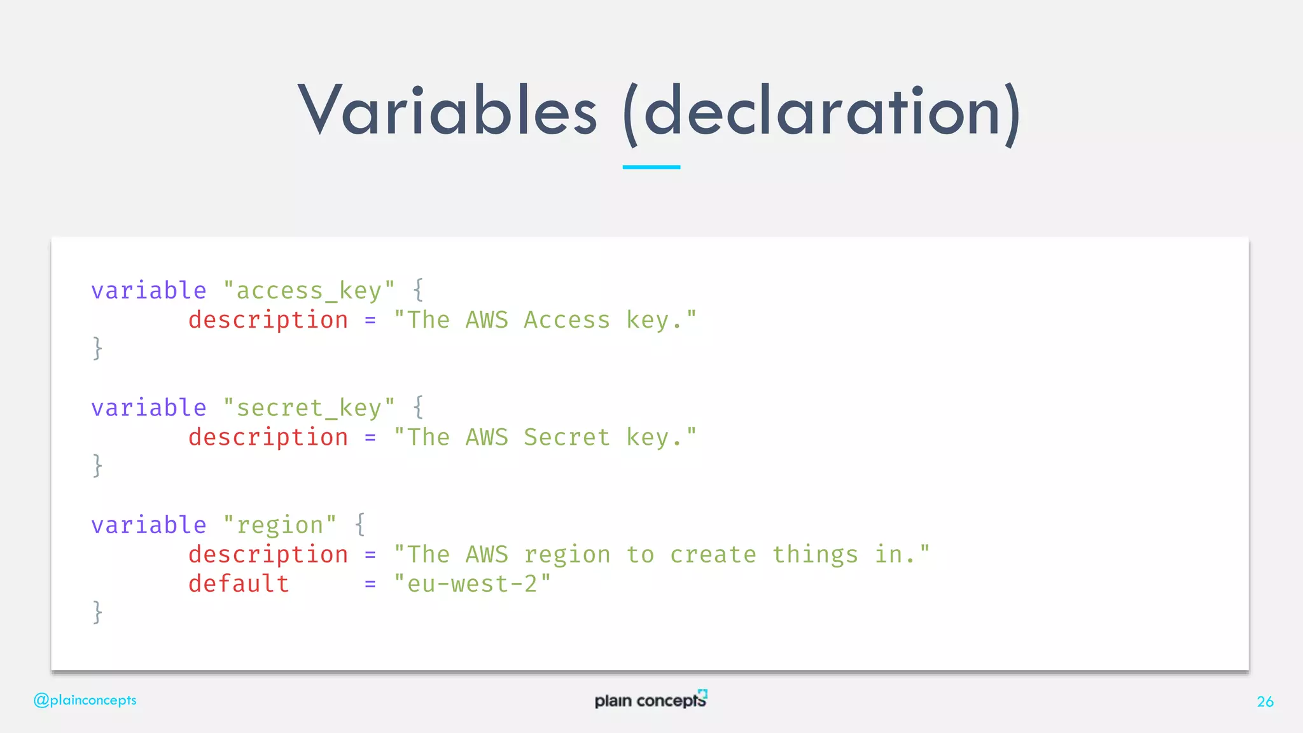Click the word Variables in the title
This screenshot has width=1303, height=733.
click(447, 111)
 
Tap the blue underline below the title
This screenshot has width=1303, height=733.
click(651, 167)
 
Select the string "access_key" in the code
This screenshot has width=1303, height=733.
click(309, 291)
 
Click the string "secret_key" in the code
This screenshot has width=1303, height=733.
click(309, 408)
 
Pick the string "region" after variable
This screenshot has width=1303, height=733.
click(279, 526)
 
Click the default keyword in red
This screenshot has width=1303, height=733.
click(239, 583)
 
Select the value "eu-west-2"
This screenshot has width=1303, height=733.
click(472, 583)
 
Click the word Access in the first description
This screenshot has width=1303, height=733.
click(566, 320)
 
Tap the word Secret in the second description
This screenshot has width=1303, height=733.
click(566, 437)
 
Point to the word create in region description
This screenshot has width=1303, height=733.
click(713, 555)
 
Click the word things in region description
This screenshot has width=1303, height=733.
click(815, 555)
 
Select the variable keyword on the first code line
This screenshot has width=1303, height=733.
click(148, 291)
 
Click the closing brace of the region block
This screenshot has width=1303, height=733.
click(97, 612)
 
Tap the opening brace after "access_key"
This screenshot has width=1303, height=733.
click(418, 290)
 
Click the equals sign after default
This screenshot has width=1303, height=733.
click(370, 584)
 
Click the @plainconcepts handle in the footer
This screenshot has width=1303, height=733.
click(85, 700)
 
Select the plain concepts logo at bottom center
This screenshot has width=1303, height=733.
click(650, 699)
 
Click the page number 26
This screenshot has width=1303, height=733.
click(1265, 701)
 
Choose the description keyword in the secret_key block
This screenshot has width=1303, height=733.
click(268, 437)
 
